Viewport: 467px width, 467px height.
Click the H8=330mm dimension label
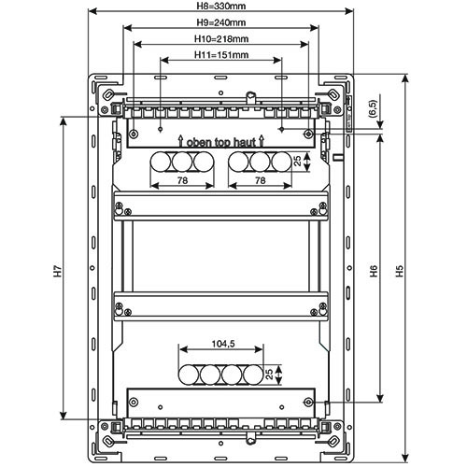pyautogui.click(x=221, y=6)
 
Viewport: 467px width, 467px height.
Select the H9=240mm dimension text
pyautogui.click(x=221, y=22)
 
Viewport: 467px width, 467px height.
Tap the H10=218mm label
pyautogui.click(x=221, y=39)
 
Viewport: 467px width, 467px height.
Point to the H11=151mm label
pyautogui.click(x=221, y=55)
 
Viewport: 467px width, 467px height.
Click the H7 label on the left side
pyautogui.click(x=58, y=271)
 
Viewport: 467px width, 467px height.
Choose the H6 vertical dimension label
pyautogui.click(x=374, y=271)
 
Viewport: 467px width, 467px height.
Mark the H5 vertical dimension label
pyautogui.click(x=399, y=271)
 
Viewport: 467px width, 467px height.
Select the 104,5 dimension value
pyautogui.click(x=223, y=344)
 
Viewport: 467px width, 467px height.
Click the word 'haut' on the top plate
pyautogui.click(x=245, y=143)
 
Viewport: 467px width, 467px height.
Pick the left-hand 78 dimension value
pyautogui.click(x=182, y=180)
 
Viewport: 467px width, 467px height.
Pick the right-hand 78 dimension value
pyautogui.click(x=260, y=180)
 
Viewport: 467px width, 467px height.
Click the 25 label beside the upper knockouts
pyautogui.click(x=298, y=161)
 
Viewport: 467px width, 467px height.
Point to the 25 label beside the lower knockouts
pyautogui.click(x=270, y=374)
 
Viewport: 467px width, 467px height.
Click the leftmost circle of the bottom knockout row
pyautogui.click(x=189, y=375)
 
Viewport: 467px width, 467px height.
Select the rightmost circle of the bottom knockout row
pyautogui.click(x=253, y=375)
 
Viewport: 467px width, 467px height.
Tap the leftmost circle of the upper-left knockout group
pyautogui.click(x=161, y=162)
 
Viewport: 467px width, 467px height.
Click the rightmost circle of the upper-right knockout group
pyautogui.click(x=282, y=162)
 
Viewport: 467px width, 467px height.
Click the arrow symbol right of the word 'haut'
pyautogui.click(x=262, y=141)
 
